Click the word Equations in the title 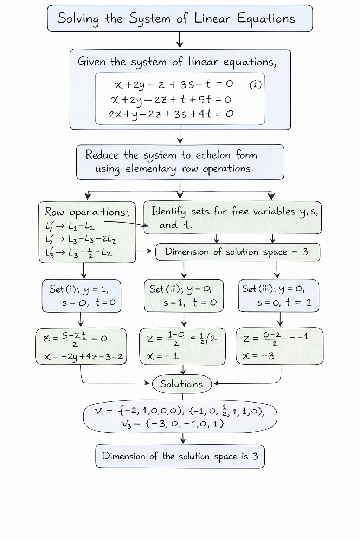(266, 19)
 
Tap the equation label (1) (256, 85)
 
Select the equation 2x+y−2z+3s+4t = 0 (171, 114)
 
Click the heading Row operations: (87, 212)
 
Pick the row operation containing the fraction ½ (79, 253)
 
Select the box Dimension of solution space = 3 (238, 252)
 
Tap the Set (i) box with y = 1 (82, 296)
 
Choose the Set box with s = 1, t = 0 (184, 296)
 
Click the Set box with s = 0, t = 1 (278, 296)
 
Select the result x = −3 (259, 356)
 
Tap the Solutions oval (182, 384)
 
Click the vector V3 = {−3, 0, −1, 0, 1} (173, 424)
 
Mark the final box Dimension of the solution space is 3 (180, 456)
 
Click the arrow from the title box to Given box (180, 40)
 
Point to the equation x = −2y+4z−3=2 (83, 356)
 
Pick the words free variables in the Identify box (263, 211)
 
